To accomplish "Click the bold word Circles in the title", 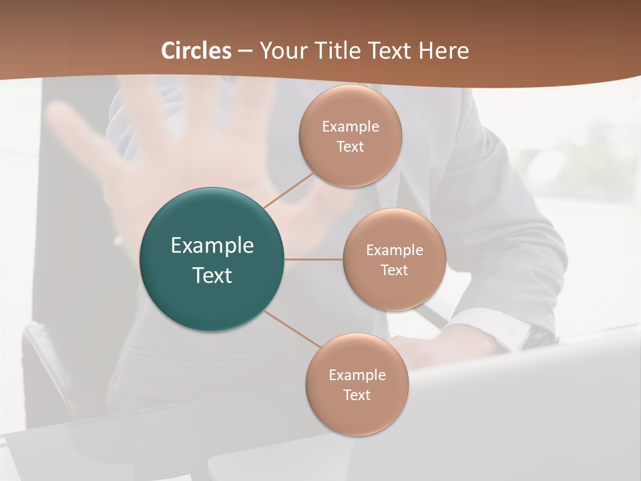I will [196, 51].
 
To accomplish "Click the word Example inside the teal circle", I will [212, 246].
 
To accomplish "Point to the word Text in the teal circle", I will [212, 275].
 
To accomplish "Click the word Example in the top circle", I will [351, 127].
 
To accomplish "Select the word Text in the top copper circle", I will [350, 147].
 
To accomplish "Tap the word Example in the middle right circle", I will [395, 251].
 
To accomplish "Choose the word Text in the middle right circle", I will [394, 271].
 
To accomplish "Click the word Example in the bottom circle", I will [357, 375].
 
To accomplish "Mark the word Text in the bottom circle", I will [357, 395].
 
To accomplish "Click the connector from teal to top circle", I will [288, 190].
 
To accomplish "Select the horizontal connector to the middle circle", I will [313, 259].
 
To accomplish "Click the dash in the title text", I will [245, 51].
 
